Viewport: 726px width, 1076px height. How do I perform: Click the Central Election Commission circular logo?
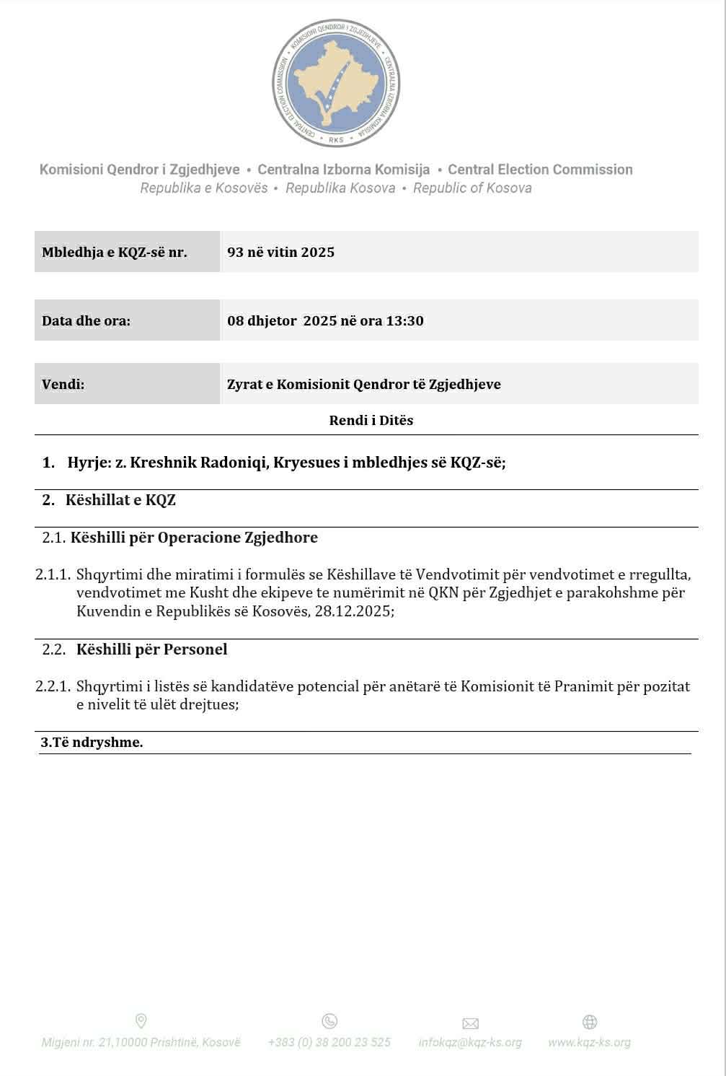coord(337,83)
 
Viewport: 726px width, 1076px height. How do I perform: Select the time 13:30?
coord(404,320)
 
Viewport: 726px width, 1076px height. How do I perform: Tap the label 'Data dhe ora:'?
coord(87,320)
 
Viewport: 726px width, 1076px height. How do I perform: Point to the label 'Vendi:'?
coord(63,384)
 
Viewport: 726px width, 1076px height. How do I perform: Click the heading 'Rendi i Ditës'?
coord(371,420)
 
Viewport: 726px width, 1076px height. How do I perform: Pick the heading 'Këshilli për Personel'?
coord(151,649)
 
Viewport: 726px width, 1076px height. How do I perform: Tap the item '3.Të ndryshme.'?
coord(92,742)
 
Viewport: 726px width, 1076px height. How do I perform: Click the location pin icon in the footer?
coord(141,1020)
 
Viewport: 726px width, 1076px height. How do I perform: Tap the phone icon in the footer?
coord(329,1020)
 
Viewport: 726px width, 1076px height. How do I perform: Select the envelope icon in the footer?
coord(470,1023)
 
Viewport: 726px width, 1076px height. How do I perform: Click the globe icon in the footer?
coord(589,1022)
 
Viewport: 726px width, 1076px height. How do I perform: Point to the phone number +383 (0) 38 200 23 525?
coord(329,1042)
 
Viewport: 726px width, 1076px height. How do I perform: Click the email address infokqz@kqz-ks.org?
coord(470,1042)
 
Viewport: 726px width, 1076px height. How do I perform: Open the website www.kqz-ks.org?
coord(589,1042)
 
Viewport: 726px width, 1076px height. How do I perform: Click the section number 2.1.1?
coord(53,574)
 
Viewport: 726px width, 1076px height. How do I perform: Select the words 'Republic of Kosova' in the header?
coord(472,188)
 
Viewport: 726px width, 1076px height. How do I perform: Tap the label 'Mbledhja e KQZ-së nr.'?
coord(115,252)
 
